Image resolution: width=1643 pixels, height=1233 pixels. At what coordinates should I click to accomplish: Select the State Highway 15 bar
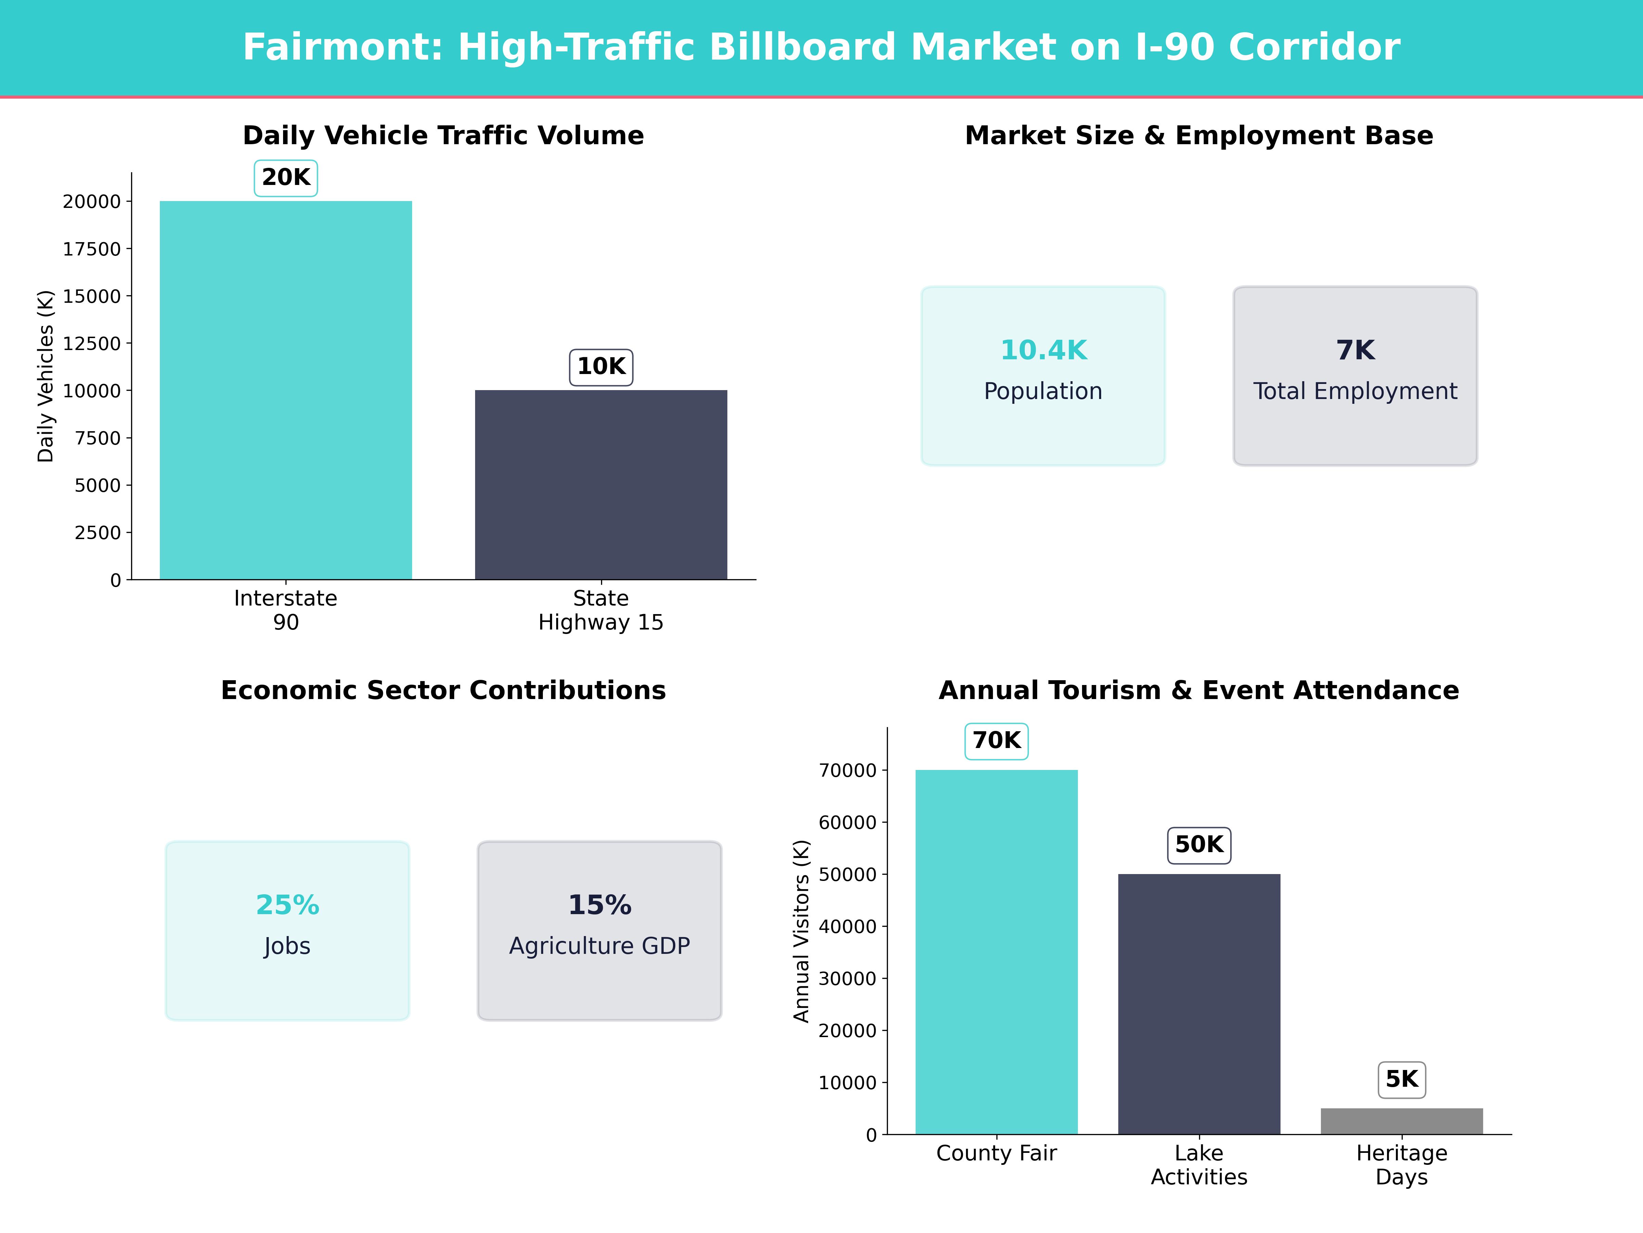(601, 485)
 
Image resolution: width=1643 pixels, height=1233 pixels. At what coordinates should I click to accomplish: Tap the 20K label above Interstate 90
(286, 178)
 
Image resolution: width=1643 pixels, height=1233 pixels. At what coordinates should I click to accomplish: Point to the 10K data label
(601, 366)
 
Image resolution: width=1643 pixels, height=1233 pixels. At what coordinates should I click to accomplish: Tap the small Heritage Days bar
(1402, 1121)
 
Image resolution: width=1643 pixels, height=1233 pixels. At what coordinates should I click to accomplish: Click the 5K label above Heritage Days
(1402, 1079)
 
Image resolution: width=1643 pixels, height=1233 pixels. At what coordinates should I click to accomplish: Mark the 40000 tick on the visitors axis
(848, 927)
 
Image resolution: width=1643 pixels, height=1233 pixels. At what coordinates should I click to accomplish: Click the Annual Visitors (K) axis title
(801, 931)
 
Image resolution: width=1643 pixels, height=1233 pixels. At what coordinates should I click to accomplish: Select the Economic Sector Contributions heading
(443, 690)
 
